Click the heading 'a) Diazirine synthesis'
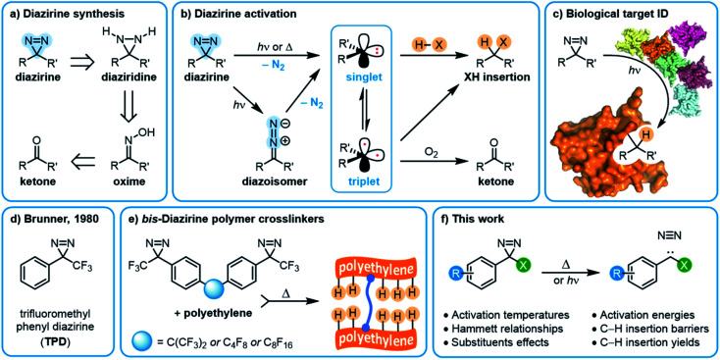coord(62,14)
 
